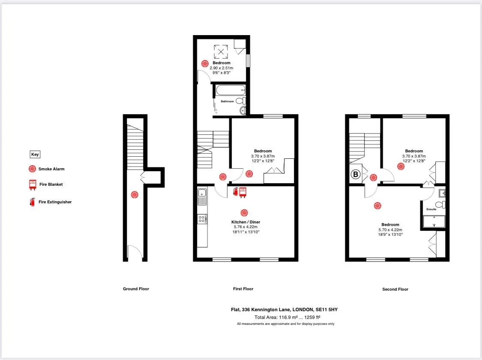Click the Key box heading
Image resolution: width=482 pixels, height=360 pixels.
pos(35,155)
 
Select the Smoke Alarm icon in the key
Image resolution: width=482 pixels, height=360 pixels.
pos(32,169)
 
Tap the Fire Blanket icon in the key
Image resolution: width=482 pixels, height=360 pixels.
pos(32,184)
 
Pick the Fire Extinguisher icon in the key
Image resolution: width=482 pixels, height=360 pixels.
pos(32,202)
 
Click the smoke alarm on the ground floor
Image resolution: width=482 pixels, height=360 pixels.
pos(135,194)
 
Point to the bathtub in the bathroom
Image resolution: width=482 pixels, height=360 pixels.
pos(231,90)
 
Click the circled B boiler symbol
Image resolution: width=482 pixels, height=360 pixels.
pos(355,175)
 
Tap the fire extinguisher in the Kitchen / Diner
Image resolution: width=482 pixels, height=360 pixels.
pos(236,191)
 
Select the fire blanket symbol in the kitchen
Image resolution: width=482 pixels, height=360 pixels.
pos(243,192)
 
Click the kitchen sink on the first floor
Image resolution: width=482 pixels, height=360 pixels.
pos(202,196)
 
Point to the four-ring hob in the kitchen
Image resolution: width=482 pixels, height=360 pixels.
pos(202,219)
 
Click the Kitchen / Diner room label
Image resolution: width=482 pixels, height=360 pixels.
pos(245,222)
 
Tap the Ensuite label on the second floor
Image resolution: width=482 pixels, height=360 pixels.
pos(431,209)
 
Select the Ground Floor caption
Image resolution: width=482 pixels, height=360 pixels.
pos(136,289)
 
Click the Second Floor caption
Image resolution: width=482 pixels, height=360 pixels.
pos(395,289)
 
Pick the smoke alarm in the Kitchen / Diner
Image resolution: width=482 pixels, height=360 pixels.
pos(244,213)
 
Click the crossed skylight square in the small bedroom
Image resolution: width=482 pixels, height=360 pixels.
pos(221,52)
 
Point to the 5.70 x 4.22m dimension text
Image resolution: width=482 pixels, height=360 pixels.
pos(390,229)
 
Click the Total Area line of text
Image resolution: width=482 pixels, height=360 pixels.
pos(287,317)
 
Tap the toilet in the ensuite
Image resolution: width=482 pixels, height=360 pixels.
pos(440,204)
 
